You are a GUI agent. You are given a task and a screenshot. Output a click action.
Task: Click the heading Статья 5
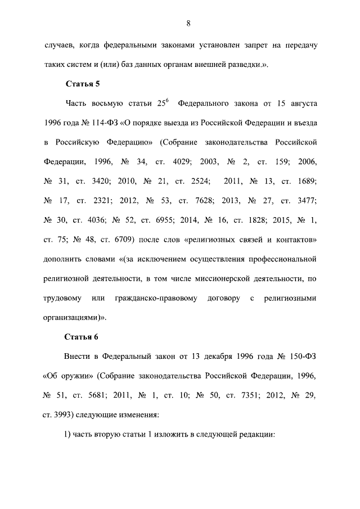point(83,84)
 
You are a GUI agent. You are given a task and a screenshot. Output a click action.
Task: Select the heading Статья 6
point(83,337)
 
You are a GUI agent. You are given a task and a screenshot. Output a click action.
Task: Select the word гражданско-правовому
point(155,298)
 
